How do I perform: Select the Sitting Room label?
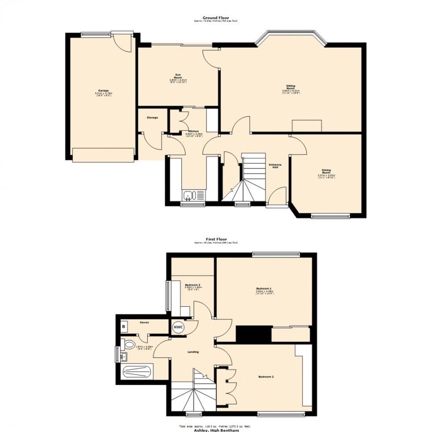coord(291,86)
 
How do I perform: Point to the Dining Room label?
coord(326,171)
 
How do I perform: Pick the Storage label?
coord(152,118)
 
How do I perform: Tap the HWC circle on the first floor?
coord(179,327)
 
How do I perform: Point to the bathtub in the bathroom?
coord(137,372)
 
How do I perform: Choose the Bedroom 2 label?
coord(267,377)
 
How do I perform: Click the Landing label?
coord(193,352)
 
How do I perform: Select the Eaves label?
coord(144,322)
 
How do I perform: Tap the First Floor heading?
coord(216,239)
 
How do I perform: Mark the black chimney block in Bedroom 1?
coord(253,334)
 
